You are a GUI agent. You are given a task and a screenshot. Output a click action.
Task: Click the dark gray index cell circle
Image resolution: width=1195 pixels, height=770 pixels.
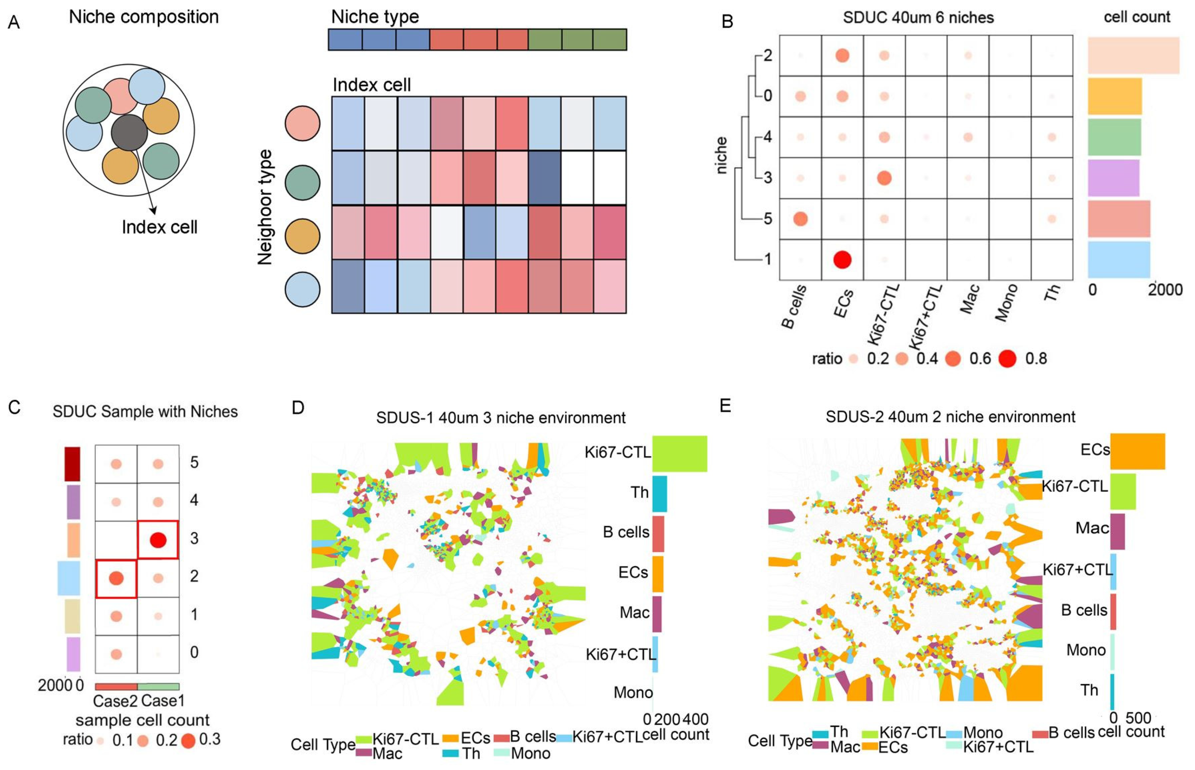[x=129, y=132]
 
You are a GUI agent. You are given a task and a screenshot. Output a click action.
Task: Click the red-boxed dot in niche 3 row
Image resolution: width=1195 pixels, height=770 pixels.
[x=158, y=540]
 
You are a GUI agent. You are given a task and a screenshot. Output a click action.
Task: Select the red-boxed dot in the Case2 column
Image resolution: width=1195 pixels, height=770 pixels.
[x=116, y=578]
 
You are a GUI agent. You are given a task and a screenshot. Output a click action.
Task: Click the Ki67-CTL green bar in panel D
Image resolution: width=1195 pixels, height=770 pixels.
[x=679, y=453]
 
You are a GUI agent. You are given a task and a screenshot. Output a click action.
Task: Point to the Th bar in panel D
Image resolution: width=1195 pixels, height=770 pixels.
[x=659, y=493]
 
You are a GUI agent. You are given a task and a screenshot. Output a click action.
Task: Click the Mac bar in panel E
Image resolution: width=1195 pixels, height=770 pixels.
[x=1118, y=532]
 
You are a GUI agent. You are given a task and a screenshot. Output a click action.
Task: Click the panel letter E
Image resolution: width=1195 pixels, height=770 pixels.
[x=725, y=405]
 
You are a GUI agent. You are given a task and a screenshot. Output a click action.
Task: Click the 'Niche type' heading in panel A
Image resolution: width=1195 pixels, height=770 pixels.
[x=375, y=17]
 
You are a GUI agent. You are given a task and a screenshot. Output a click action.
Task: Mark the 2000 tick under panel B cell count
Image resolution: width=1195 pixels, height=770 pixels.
[x=1164, y=290]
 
